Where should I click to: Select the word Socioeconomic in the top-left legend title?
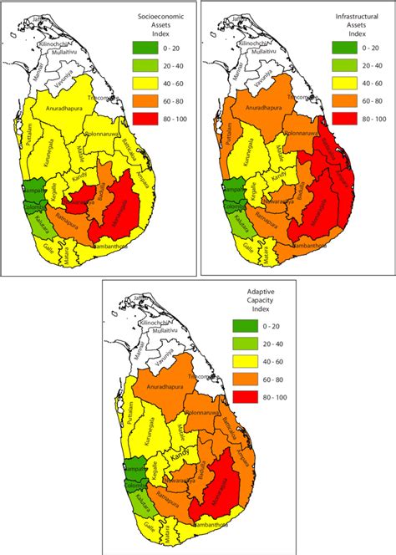pyautogui.click(x=162, y=17)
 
